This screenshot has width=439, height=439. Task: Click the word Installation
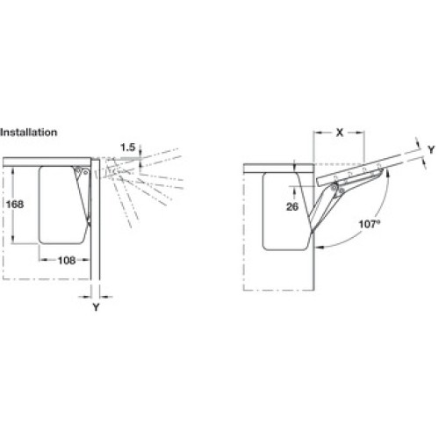28,133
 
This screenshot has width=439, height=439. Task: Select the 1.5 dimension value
128,148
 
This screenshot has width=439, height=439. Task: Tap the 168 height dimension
15,204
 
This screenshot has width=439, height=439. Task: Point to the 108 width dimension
67,260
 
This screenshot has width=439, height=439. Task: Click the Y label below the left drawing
96,307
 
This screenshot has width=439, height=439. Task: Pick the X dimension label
339,133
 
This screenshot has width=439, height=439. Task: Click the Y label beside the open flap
431,149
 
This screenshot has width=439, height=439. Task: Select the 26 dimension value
292,207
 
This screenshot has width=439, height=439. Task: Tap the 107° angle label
370,224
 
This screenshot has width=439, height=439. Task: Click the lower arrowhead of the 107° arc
319,248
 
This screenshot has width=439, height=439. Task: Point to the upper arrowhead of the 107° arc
387,173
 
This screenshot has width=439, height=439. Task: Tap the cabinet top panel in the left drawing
47,162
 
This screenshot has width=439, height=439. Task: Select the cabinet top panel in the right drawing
278,169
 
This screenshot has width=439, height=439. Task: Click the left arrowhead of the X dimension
317,133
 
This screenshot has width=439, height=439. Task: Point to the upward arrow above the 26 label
294,191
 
